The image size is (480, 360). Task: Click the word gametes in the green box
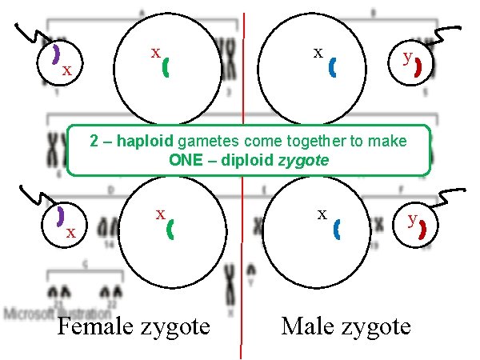pyautogui.click(x=201, y=142)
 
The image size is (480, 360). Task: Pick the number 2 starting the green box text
pyautogui.click(x=94, y=142)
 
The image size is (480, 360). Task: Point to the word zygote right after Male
pyautogui.click(x=374, y=326)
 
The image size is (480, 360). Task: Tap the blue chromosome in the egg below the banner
pyautogui.click(x=336, y=230)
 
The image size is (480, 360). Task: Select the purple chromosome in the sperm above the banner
pyautogui.click(x=57, y=54)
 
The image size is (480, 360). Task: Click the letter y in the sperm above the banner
pyautogui.click(x=408, y=58)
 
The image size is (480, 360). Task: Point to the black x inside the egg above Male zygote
pyautogui.click(x=318, y=53)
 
